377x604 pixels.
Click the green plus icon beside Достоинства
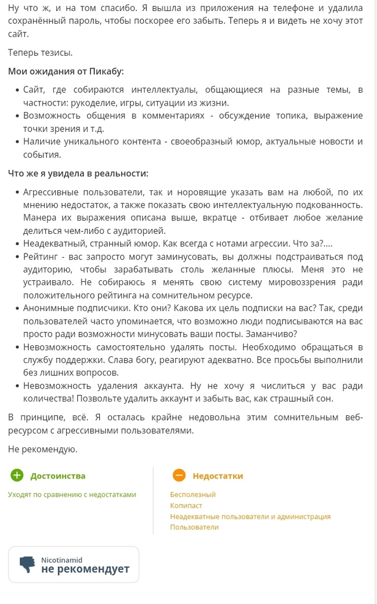[17, 476]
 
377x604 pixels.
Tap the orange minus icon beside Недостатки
[179, 476]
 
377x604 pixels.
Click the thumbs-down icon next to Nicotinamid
[27, 565]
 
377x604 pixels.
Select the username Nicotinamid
[61, 560]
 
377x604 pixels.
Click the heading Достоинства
[57, 476]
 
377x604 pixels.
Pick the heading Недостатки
[217, 476]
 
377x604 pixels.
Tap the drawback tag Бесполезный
[193, 494]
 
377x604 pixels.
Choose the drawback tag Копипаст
[186, 505]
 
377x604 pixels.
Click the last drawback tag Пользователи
[194, 527]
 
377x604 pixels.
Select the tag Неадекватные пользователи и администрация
[250, 516]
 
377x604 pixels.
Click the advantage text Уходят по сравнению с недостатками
[72, 494]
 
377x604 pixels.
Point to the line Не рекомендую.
[42, 449]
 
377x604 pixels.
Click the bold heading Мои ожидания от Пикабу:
[66, 71]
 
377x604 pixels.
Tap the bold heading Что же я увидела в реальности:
[78, 173]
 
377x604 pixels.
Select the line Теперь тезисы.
[40, 53]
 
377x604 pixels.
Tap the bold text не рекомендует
[85, 569]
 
